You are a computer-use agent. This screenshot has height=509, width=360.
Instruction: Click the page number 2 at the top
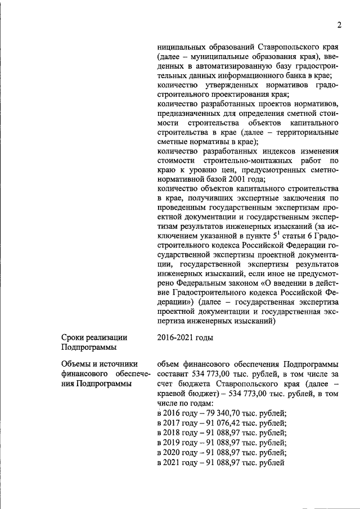[340, 24]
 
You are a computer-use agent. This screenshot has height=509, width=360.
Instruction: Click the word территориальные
[304, 132]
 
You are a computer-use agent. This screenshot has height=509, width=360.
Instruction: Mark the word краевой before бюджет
[172, 394]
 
